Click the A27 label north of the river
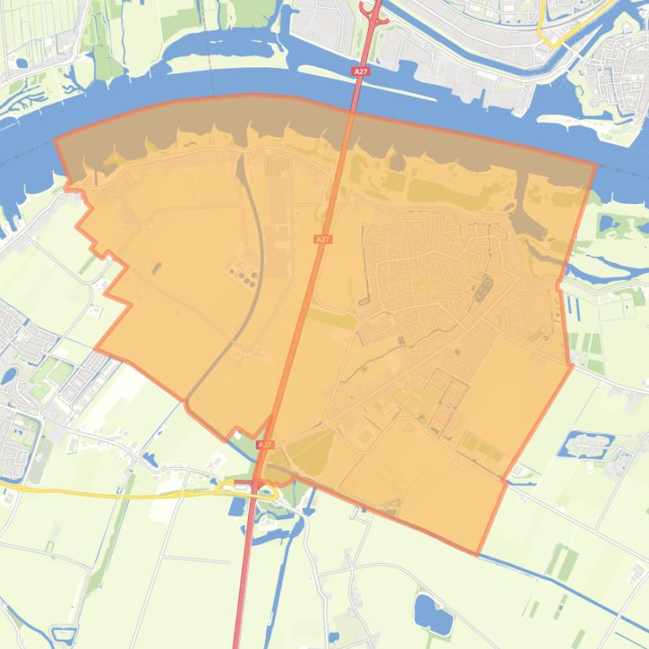point(361,72)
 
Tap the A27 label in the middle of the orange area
point(322,239)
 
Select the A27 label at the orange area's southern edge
point(266,444)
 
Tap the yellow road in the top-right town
point(553,39)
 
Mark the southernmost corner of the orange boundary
point(478,555)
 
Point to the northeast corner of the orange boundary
point(595,165)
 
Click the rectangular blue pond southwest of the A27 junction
point(236,507)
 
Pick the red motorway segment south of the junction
point(245,573)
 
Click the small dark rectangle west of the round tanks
point(157,268)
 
